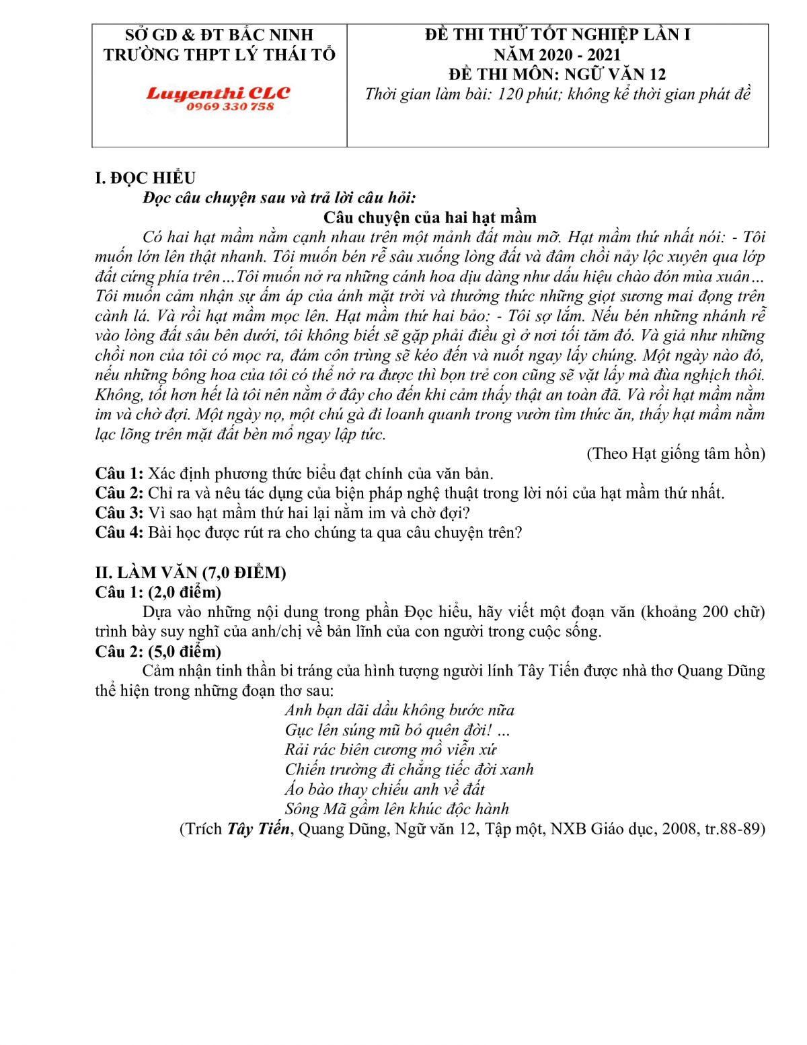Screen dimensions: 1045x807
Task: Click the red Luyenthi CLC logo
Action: [218, 93]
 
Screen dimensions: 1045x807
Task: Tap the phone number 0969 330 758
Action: [230, 107]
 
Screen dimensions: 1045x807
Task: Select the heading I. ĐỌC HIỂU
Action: [145, 178]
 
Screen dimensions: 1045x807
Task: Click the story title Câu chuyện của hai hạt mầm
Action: [430, 217]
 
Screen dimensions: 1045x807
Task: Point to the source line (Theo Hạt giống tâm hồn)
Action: [676, 454]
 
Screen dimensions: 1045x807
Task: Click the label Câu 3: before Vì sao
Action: [119, 513]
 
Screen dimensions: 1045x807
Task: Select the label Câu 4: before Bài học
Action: [119, 532]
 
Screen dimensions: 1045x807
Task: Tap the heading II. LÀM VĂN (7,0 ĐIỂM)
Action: [190, 573]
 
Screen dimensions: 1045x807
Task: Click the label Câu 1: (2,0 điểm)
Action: [158, 592]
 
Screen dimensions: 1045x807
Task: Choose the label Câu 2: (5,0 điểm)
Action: [158, 651]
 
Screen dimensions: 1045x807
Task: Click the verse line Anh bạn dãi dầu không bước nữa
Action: [399, 711]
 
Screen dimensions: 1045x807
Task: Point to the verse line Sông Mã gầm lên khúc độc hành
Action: [397, 809]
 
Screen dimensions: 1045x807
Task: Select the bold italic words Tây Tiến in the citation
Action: [258, 829]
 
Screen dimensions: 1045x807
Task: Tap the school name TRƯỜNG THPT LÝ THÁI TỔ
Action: [219, 55]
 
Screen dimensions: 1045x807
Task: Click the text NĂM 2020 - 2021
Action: [557, 55]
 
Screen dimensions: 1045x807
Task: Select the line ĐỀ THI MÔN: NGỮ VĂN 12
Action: [558, 74]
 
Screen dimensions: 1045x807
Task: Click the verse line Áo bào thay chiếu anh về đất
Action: [384, 789]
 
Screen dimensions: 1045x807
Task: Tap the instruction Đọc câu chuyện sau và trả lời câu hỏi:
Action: [280, 198]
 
